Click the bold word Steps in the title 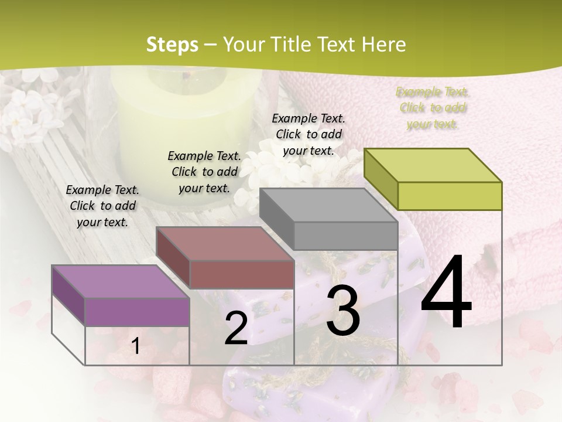point(172,45)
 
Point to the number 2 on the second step point(236,328)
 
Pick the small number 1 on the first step point(136,346)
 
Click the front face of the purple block point(137,312)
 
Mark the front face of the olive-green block point(450,196)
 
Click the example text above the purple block point(102,206)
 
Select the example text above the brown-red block point(204,172)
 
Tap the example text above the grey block point(309,134)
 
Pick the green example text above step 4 point(433,108)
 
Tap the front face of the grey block point(345,236)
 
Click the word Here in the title point(384,45)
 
